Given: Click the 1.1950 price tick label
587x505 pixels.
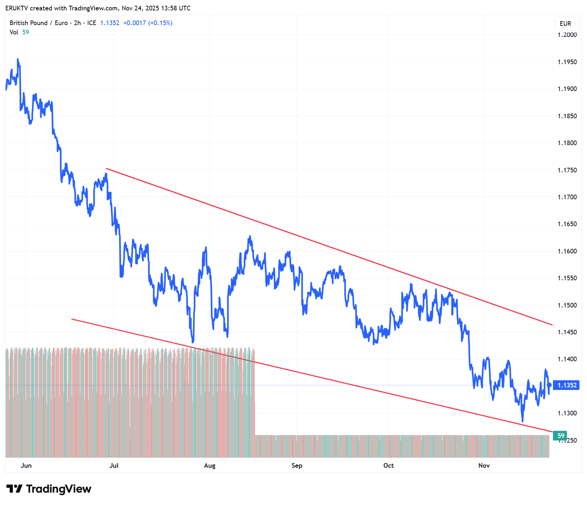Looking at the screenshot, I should point(567,62).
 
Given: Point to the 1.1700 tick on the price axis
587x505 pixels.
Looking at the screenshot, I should point(567,197).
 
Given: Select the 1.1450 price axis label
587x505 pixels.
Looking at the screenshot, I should point(567,332).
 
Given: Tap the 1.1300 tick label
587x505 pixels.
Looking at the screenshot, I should point(567,413).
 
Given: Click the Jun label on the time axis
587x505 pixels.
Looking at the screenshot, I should point(26,466).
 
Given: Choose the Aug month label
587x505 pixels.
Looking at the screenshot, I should point(210,466).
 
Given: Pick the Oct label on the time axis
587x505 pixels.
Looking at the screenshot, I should point(388,466).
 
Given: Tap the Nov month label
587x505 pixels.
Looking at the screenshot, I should point(484,466).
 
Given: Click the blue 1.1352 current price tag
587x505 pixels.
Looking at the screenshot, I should point(566,385).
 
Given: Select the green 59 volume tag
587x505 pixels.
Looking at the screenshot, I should point(561,436).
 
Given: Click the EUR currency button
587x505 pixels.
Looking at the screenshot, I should point(565,24).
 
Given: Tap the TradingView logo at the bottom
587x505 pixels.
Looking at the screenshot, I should point(49,489).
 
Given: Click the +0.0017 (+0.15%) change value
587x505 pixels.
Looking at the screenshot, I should point(148,23).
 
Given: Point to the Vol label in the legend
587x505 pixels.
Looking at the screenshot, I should point(14,32).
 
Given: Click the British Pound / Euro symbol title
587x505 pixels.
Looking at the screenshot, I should point(39,23).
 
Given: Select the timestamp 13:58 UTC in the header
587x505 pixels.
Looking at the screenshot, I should point(176,8).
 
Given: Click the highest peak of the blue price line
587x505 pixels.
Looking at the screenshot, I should point(18,59).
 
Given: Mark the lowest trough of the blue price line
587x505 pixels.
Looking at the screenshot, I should point(522,421).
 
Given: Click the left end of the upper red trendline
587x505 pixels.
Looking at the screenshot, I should point(106,168).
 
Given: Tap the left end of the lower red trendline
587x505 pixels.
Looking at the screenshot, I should point(72,319).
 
